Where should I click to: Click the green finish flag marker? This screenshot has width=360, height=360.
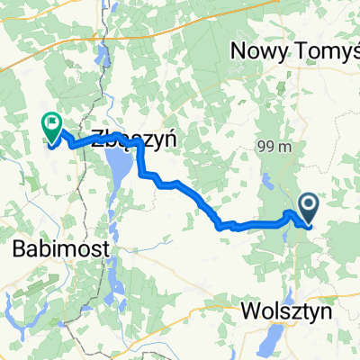point(51,127)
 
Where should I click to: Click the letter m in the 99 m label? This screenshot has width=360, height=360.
point(279,147)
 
